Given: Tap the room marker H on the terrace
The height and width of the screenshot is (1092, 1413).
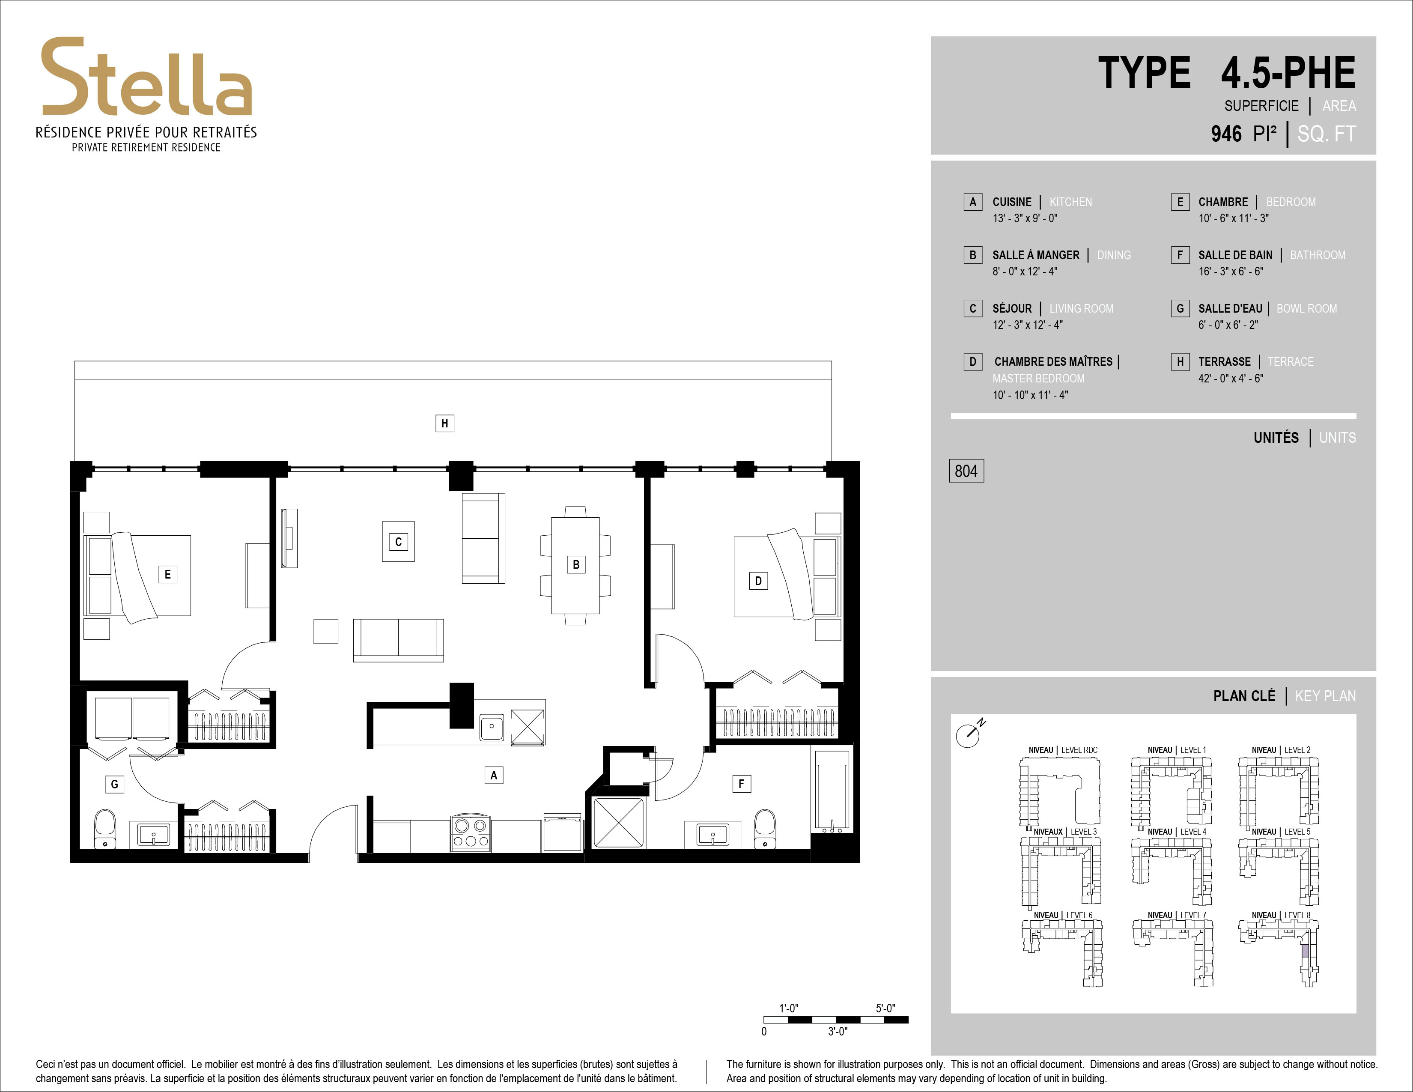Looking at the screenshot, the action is click(444, 424).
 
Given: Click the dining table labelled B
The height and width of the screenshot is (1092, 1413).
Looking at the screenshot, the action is click(575, 565).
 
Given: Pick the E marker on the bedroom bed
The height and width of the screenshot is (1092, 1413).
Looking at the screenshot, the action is click(167, 574).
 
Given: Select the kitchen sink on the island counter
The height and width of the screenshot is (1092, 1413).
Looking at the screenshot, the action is click(492, 727).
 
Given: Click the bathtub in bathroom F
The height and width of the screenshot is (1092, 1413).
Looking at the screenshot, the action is click(832, 791).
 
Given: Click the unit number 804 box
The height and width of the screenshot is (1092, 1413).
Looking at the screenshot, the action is click(966, 471).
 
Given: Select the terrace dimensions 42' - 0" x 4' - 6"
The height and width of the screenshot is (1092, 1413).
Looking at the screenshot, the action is click(1231, 379).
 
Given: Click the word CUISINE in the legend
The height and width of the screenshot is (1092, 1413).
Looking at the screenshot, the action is click(1012, 202).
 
